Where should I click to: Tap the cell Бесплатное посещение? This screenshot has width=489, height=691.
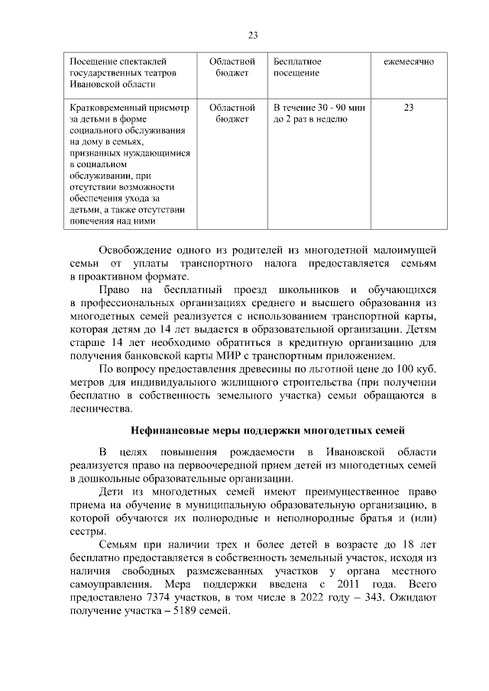click(x=296, y=66)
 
